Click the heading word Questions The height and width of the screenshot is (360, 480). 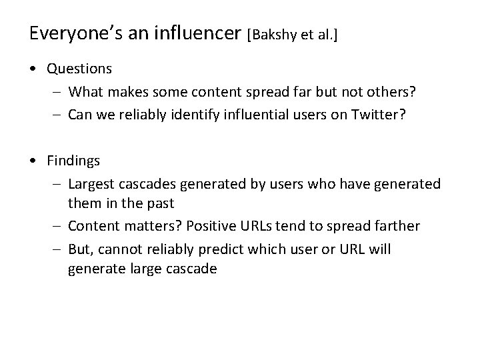point(79,68)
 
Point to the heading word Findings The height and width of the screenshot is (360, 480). point(73,161)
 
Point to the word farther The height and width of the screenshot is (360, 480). point(396,226)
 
